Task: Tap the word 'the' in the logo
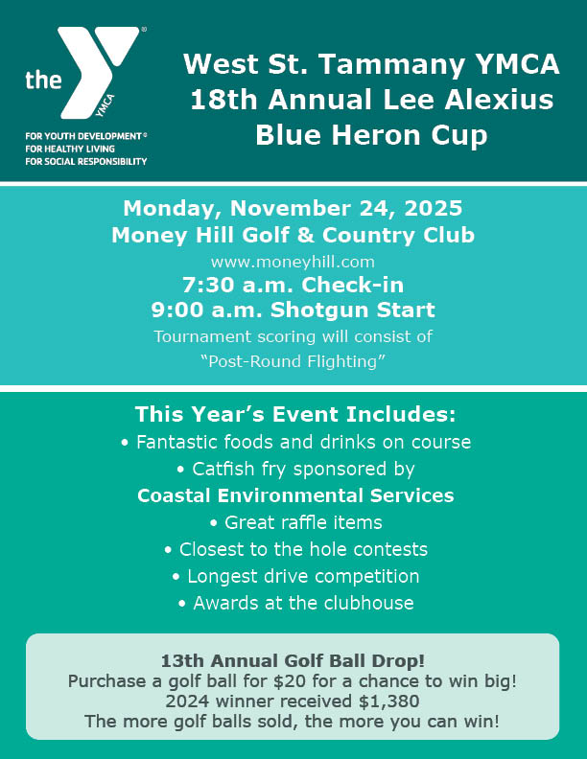pos(43,80)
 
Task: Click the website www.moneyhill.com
pos(293,260)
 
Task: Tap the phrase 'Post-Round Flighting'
pos(293,361)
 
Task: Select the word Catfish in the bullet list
pos(224,470)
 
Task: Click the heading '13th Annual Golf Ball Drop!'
pos(293,661)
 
